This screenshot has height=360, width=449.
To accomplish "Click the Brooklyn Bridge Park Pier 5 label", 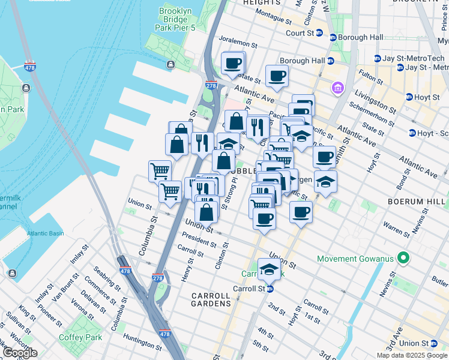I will (174, 19).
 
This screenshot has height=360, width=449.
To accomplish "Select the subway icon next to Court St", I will (319, 33).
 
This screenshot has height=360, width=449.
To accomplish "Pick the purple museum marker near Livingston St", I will (337, 89).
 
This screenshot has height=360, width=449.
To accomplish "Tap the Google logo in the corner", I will (20, 353).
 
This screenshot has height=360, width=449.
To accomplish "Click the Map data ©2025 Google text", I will (412, 355).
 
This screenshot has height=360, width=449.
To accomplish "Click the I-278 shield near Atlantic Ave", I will (211, 86).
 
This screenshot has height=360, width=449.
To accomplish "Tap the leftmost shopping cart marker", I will (160, 170).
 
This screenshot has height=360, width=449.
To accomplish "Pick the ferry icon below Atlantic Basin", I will (12, 274).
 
